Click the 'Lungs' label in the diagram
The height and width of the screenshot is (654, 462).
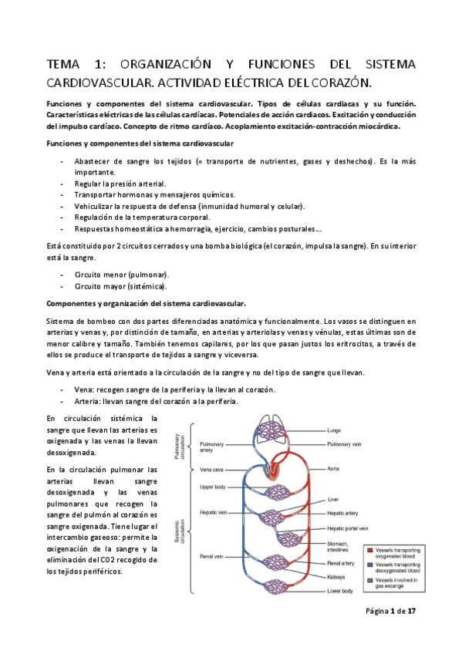click(334, 430)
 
